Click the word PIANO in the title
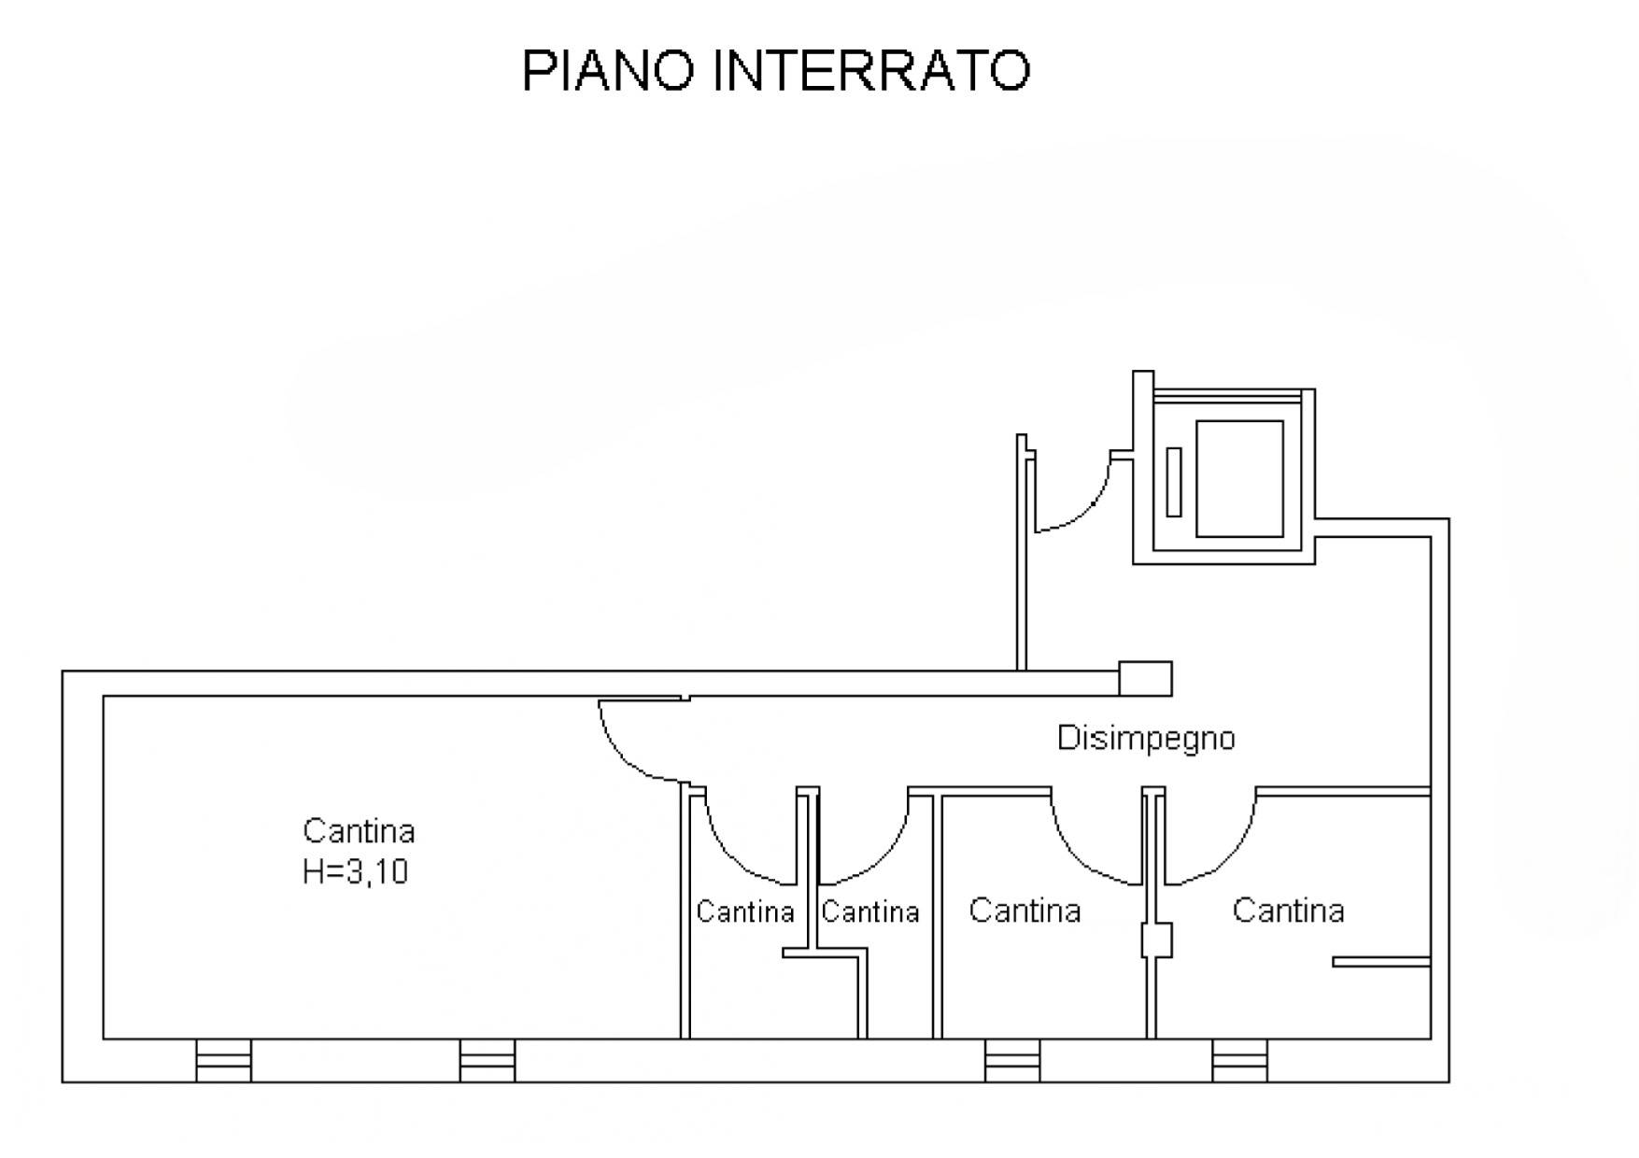[x=608, y=70]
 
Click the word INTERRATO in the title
[x=870, y=70]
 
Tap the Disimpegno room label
[x=1145, y=738]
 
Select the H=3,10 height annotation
[x=355, y=871]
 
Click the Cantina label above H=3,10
[x=359, y=830]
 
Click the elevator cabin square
[x=1239, y=478]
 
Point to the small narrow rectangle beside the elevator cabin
[x=1173, y=482]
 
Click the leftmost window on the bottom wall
[x=223, y=1060]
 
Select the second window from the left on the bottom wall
[x=487, y=1060]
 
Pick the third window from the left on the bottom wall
[x=1012, y=1060]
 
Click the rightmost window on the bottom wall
[x=1239, y=1060]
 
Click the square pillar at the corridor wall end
[x=1145, y=678]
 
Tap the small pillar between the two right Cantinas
[x=1156, y=939]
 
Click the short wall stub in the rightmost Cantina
[x=1380, y=961]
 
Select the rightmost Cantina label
[x=1288, y=910]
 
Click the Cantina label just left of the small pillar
[x=1024, y=910]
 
